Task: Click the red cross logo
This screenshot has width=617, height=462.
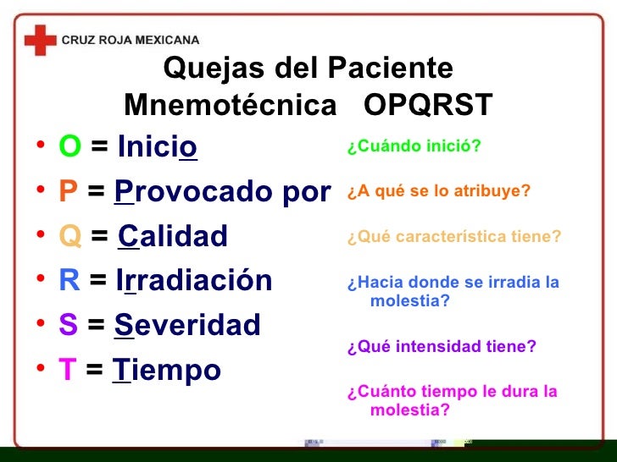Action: click(40, 39)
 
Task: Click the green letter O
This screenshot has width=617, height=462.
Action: click(69, 148)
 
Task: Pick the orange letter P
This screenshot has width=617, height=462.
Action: click(68, 192)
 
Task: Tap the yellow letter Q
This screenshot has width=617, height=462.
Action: click(69, 236)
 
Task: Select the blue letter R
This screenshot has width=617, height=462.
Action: click(69, 280)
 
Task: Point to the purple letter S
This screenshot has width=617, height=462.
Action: click(68, 325)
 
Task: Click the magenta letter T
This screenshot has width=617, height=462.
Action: click(67, 369)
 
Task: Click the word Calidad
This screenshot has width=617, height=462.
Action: click(173, 236)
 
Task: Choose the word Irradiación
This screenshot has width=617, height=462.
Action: click(194, 280)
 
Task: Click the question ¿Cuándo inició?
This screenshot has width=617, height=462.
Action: click(414, 146)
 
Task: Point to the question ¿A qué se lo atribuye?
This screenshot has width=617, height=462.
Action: click(438, 190)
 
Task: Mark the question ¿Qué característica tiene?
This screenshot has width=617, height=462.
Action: click(454, 237)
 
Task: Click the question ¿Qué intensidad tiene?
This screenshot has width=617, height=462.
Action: click(442, 346)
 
